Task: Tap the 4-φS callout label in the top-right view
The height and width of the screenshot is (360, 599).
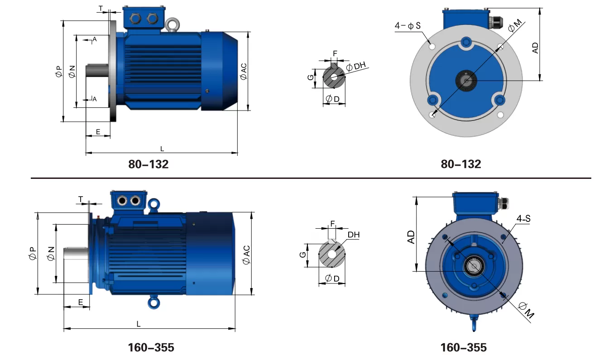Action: click(x=407, y=26)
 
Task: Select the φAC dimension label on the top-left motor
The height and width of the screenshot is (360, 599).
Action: click(x=244, y=72)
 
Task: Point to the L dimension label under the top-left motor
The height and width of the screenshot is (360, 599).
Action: click(x=162, y=149)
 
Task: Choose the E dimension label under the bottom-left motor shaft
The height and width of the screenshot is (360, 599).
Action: click(x=81, y=302)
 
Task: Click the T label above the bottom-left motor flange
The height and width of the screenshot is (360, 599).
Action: click(x=81, y=199)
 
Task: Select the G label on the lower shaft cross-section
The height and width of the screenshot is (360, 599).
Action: click(x=302, y=255)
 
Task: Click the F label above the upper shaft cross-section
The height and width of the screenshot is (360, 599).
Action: click(x=335, y=53)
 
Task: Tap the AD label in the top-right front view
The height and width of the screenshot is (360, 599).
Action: click(x=535, y=48)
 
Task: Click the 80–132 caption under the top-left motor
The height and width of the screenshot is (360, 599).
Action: click(x=148, y=164)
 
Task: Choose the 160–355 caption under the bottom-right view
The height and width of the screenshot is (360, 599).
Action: click(x=463, y=348)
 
